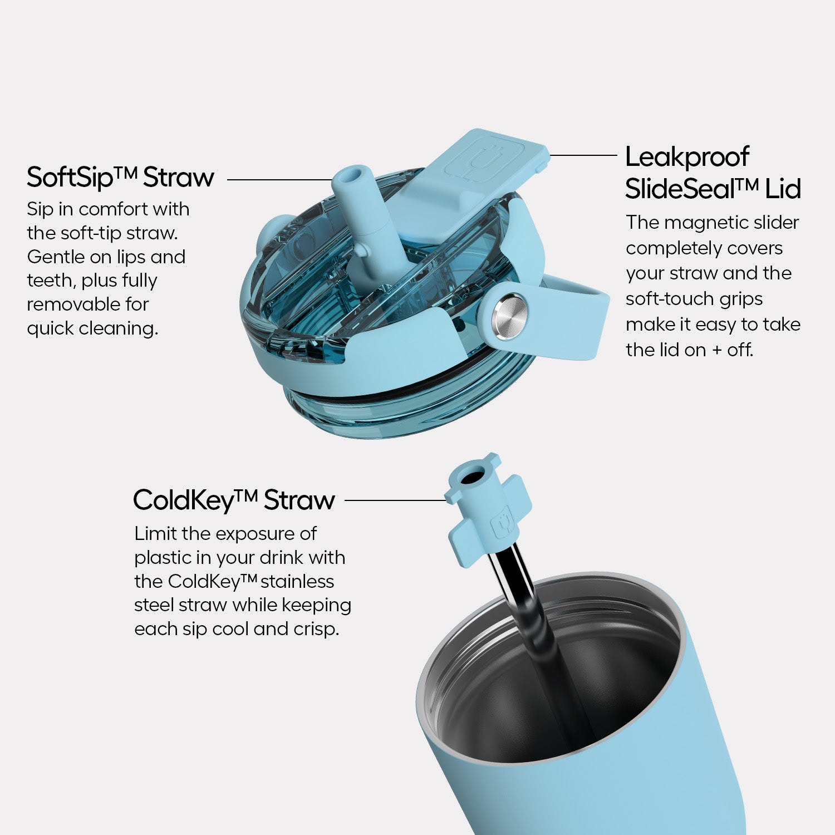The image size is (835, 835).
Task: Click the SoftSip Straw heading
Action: [120, 177]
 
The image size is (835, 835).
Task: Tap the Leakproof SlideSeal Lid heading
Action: [713, 173]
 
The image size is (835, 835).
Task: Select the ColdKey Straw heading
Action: [234, 500]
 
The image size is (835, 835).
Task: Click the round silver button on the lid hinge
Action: [509, 316]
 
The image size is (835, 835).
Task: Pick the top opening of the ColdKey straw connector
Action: [473, 477]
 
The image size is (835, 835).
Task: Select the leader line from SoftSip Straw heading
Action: [281, 180]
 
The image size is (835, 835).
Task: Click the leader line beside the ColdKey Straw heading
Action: [396, 500]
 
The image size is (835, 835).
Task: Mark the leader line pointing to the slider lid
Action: [583, 155]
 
